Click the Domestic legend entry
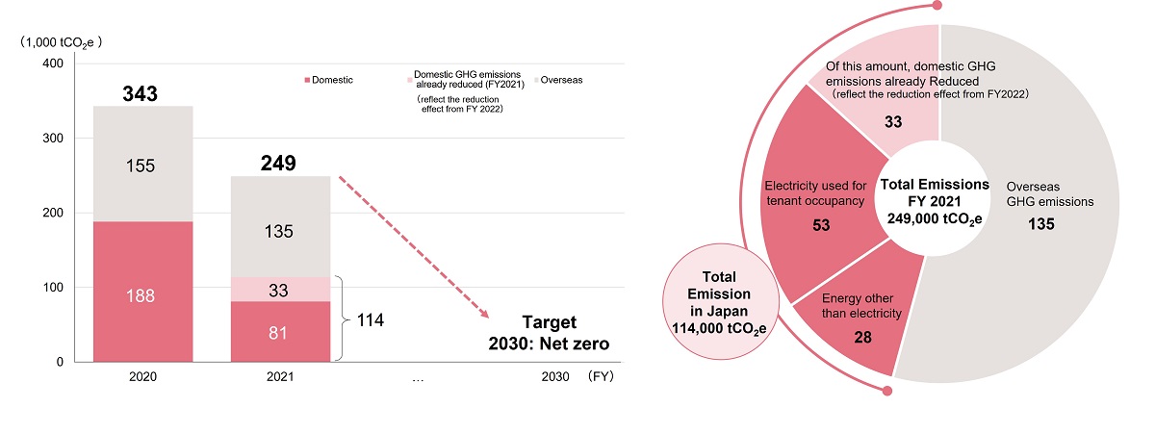click(x=328, y=80)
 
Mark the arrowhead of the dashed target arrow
click(x=483, y=315)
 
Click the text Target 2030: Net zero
click(x=556, y=332)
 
